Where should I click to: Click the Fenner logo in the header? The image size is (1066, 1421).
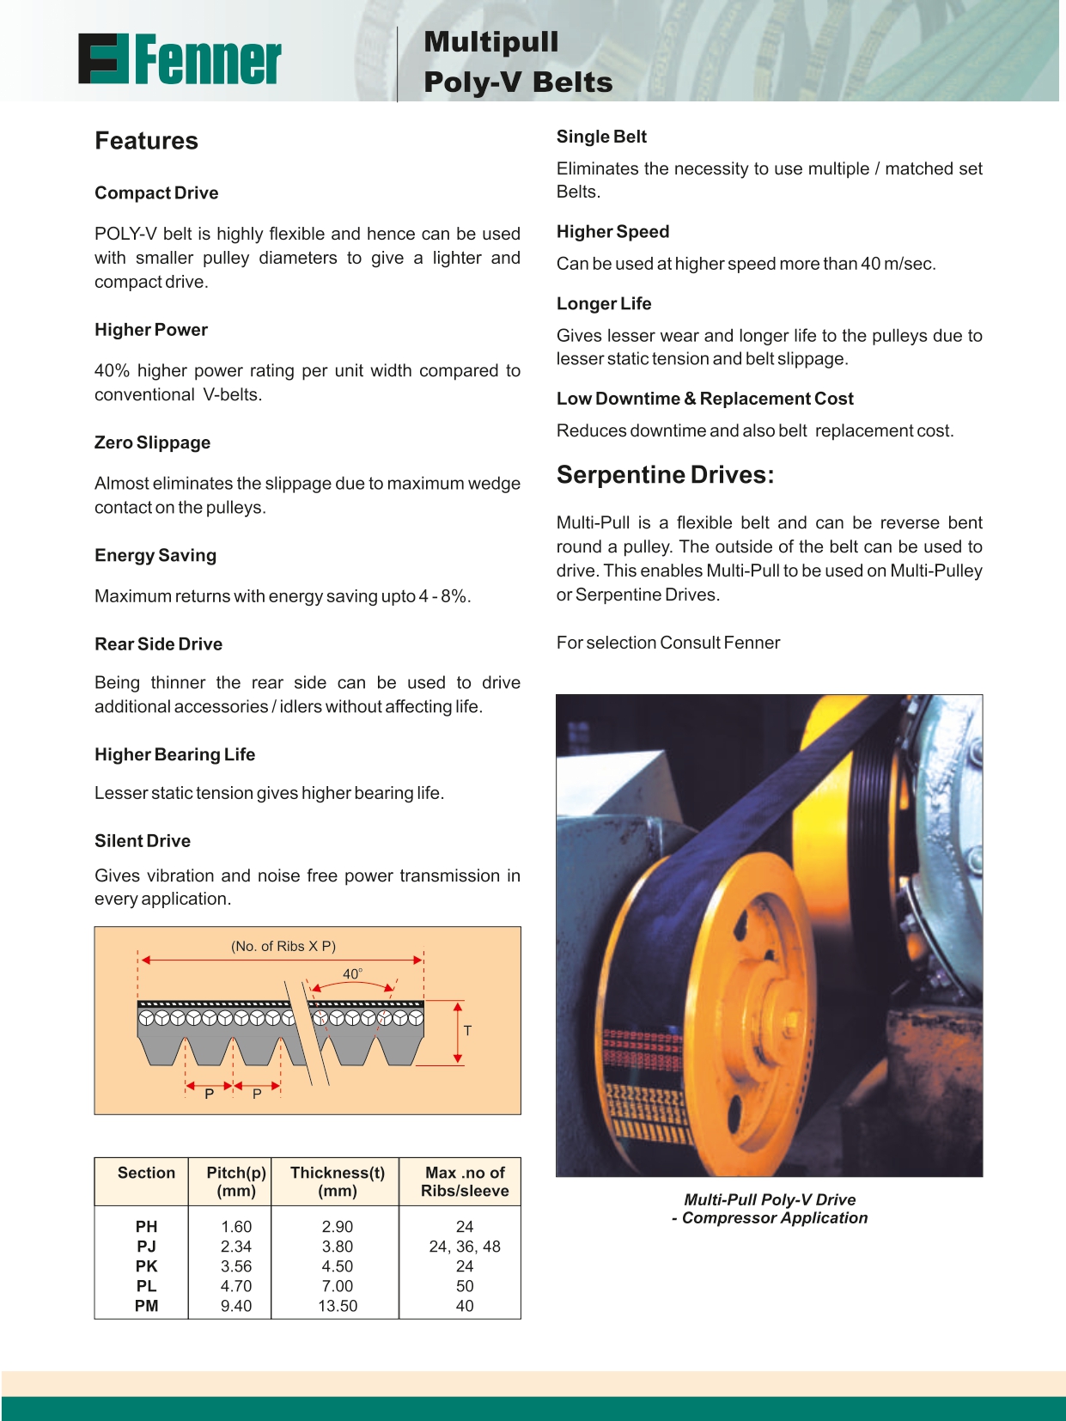point(180,59)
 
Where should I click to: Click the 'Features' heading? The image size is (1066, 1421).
point(146,141)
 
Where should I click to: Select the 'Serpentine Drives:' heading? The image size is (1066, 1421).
point(665,475)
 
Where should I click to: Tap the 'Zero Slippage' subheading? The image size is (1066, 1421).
point(152,442)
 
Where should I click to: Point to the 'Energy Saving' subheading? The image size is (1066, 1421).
point(155,555)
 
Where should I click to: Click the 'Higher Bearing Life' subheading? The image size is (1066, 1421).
point(174,754)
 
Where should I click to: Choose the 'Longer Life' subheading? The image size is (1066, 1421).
point(603,303)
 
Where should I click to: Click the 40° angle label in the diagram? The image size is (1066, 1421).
point(352,974)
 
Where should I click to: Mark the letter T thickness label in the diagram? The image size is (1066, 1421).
point(467,1030)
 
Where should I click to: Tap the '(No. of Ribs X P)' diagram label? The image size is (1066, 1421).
point(283,946)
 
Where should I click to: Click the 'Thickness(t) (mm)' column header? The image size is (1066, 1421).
point(338,1181)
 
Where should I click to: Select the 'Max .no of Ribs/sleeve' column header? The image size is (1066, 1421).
point(465,1181)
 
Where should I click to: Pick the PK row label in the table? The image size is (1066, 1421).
point(146,1266)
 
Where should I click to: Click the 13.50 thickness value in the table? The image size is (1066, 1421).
point(338,1306)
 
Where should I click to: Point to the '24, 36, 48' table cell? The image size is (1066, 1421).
point(465,1247)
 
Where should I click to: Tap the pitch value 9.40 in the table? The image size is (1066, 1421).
point(236,1306)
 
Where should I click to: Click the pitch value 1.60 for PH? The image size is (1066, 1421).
point(236,1227)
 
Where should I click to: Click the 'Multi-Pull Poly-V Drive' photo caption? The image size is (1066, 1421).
point(770,1200)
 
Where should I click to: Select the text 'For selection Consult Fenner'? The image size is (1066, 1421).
point(668,643)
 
